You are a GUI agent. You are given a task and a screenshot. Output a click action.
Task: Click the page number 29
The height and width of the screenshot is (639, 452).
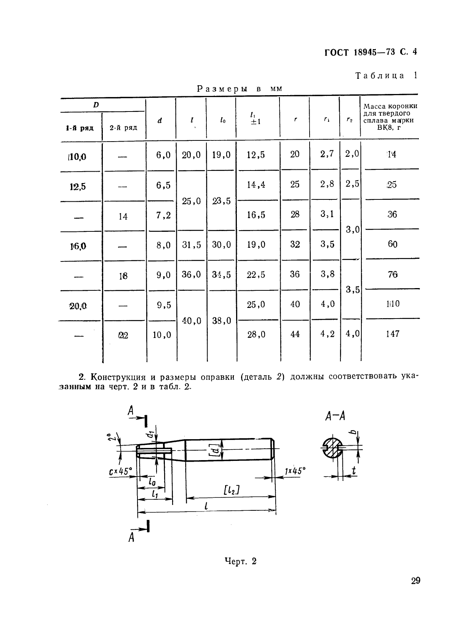coord(415,581)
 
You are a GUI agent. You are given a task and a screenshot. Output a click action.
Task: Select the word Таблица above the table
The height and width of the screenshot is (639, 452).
coord(380,75)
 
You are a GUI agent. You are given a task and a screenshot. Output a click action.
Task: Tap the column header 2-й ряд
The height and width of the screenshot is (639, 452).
coord(123,127)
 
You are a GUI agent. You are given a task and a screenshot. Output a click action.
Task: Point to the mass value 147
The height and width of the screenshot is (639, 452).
coord(392,334)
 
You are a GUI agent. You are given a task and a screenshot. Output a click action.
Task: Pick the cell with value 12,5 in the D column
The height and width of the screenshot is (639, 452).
coord(78,186)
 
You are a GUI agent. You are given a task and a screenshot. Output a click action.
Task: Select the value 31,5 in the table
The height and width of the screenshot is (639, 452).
coord(191,245)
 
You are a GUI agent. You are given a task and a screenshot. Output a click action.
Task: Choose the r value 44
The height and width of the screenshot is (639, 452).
coord(295,334)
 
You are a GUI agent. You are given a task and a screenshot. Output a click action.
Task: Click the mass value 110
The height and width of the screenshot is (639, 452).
coord(392,304)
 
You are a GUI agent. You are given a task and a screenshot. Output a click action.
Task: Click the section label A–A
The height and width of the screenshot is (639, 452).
coord(335,416)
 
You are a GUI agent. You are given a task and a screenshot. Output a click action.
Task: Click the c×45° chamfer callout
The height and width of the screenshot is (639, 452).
coord(120,472)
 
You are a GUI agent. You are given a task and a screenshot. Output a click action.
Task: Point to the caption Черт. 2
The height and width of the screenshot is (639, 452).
coord(241,561)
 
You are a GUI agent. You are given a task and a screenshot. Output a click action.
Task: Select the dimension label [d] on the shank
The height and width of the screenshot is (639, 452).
coord(216,451)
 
